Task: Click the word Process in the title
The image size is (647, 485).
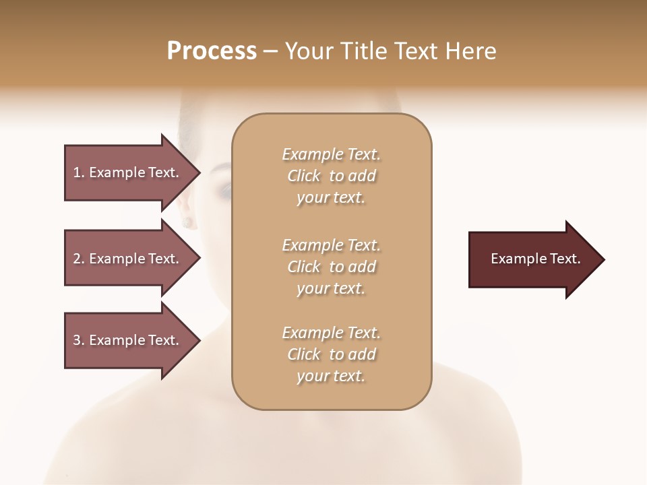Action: (x=212, y=51)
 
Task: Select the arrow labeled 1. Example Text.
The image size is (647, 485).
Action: (x=126, y=172)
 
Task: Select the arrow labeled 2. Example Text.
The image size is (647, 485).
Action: (x=126, y=259)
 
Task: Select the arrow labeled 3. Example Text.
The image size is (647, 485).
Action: (x=126, y=340)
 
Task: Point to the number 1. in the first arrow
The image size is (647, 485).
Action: (x=79, y=172)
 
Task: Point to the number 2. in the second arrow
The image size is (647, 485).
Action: (x=79, y=259)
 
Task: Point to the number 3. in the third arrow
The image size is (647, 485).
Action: (x=79, y=340)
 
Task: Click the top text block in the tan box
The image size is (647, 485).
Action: (x=332, y=176)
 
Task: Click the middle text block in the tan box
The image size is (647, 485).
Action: (x=332, y=267)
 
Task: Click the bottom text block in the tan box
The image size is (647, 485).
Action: (x=332, y=354)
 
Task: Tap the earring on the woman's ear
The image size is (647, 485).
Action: (x=187, y=221)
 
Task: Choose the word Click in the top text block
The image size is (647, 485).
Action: (x=304, y=176)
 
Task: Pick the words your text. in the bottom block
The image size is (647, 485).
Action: (x=331, y=376)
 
